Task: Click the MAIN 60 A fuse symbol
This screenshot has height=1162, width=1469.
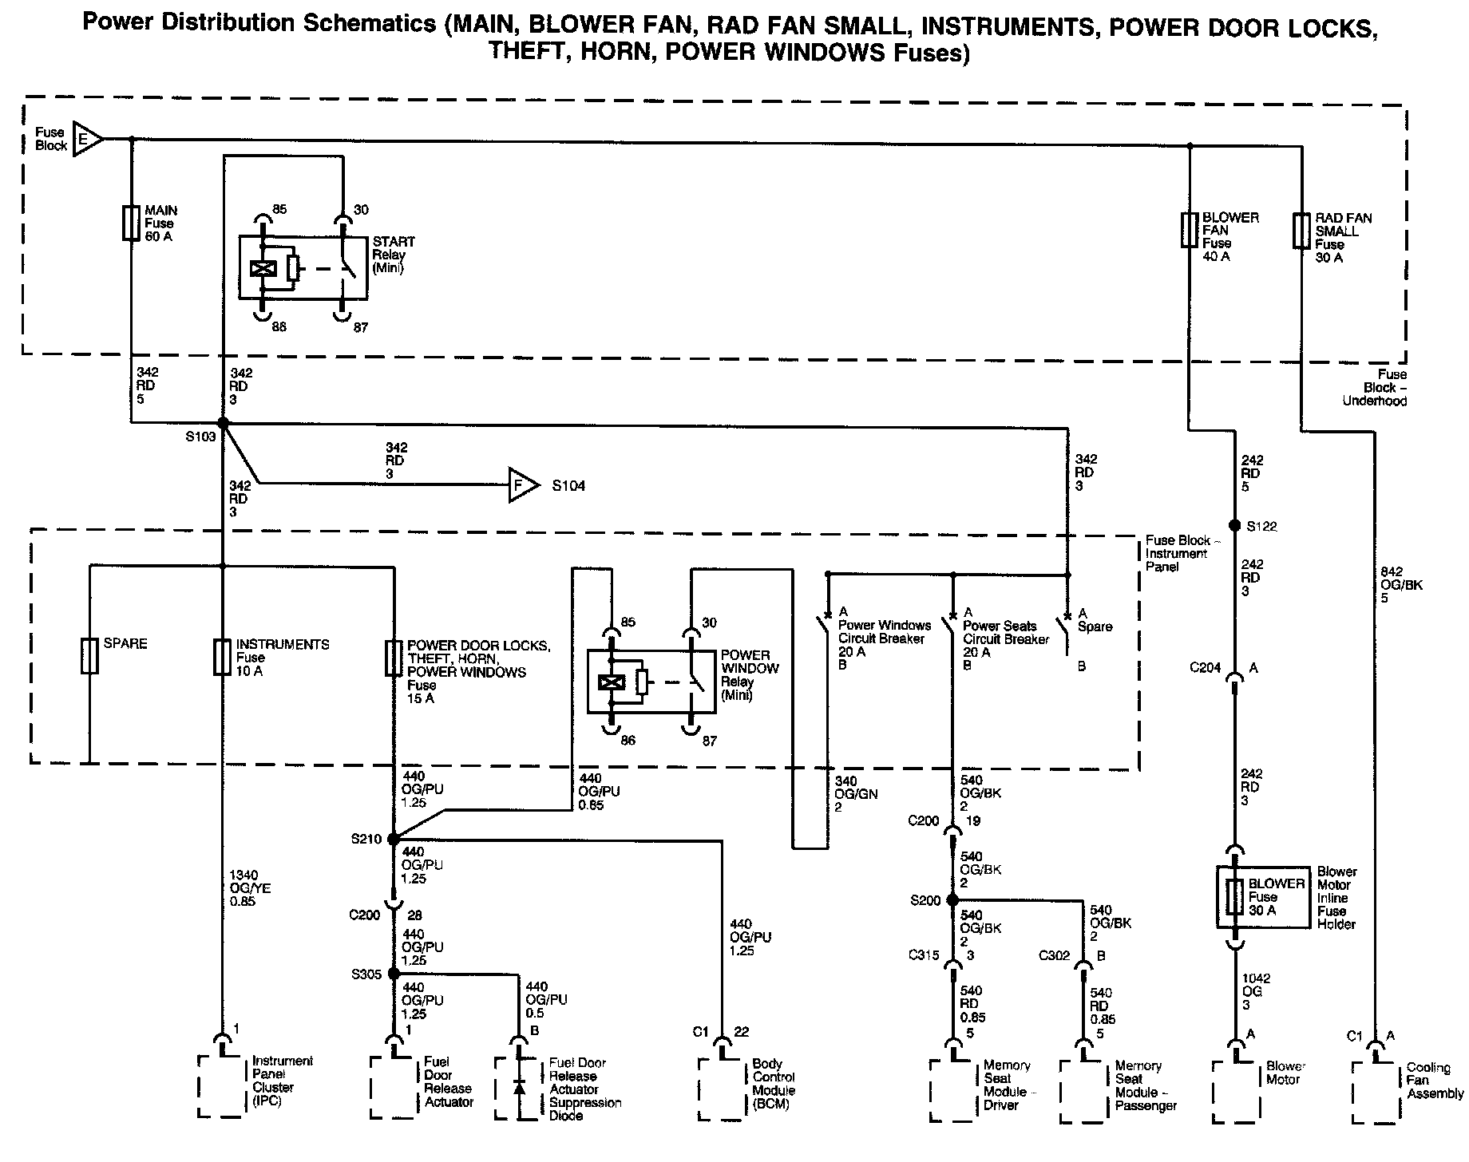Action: click(131, 223)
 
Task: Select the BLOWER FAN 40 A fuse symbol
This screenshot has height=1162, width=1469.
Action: click(1189, 229)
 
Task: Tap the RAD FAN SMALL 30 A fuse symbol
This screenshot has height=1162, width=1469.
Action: click(1301, 230)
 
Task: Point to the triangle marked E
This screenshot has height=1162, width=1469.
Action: click(86, 139)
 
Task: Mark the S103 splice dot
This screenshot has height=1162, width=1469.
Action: click(224, 423)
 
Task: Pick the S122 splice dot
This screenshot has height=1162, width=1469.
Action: click(1234, 526)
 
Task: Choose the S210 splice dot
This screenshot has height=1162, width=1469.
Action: click(393, 839)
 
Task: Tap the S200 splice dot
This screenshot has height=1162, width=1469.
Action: click(952, 899)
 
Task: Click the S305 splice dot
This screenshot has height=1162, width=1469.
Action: click(393, 974)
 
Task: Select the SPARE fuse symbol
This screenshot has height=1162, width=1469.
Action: click(89, 656)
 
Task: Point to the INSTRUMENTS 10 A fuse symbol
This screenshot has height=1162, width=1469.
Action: click(223, 656)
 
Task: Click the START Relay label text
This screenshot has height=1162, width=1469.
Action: click(394, 255)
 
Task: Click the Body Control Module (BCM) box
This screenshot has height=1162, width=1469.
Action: click(722, 1089)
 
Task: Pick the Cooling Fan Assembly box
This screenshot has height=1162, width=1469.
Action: click(1375, 1090)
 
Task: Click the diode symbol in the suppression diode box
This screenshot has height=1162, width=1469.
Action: click(520, 1087)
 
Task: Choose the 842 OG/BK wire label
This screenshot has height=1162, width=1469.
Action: click(1401, 584)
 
